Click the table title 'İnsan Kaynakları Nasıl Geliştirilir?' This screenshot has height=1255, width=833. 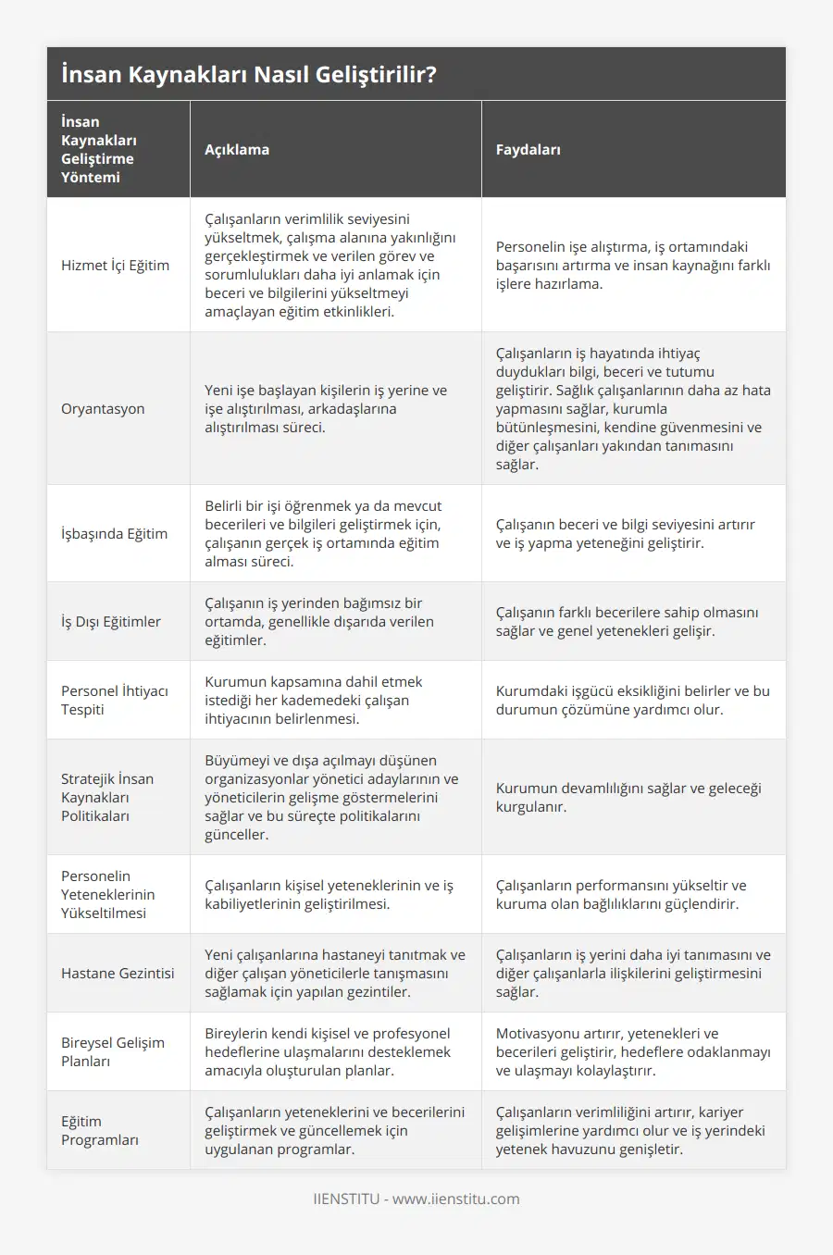248,74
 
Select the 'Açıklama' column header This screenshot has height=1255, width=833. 237,149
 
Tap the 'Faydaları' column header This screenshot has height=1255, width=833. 528,149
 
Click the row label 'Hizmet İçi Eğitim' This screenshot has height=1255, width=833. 115,265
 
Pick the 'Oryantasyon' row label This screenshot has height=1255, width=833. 103,408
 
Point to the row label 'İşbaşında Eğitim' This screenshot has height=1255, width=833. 114,533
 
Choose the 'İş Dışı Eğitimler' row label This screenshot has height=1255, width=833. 111,621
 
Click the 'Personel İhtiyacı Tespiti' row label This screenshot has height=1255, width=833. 114,700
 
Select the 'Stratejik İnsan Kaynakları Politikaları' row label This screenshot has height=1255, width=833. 107,797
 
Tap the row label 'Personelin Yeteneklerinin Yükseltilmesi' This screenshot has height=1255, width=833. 107,894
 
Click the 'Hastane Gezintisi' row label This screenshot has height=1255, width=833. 118,973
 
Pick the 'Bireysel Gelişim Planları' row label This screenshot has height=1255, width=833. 113,1051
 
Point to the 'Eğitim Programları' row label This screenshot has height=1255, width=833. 100,1130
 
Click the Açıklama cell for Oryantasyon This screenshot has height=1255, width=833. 326,408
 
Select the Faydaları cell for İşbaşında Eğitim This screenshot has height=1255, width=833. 625,533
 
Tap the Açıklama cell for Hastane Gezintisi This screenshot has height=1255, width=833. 335,973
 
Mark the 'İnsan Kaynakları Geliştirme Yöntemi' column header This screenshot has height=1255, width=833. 98,149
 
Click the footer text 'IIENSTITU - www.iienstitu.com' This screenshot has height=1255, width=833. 416,1199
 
